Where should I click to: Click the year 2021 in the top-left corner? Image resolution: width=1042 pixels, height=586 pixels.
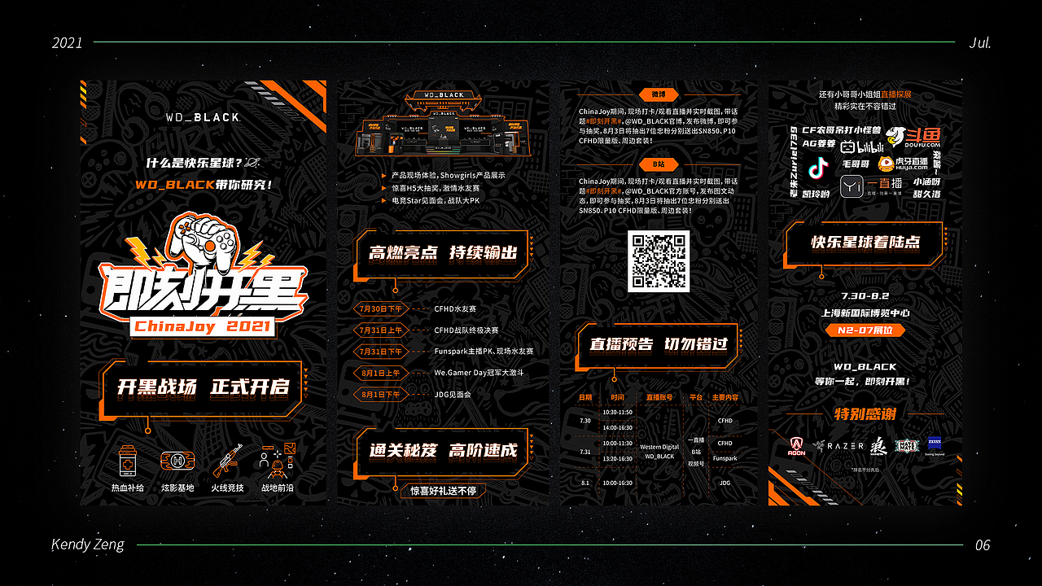(68, 43)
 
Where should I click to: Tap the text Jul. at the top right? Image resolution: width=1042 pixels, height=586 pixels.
(980, 43)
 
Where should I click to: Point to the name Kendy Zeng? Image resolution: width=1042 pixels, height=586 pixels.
(88, 544)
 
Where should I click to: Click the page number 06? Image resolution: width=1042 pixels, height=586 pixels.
(983, 545)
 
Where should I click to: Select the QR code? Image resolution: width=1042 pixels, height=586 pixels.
(659, 261)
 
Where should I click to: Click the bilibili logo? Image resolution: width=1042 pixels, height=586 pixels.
(862, 147)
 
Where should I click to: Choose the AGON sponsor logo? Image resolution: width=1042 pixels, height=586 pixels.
(797, 446)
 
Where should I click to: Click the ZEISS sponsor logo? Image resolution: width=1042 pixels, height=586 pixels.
(933, 444)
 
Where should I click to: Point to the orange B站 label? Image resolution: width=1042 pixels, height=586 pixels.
(659, 164)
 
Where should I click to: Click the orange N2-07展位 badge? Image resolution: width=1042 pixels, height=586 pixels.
(865, 330)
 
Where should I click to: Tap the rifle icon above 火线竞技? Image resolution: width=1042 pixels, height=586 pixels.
(228, 462)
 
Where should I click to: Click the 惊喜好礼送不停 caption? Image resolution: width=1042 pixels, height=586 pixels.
(443, 491)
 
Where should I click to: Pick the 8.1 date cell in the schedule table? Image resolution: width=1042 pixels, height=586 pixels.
(585, 483)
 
